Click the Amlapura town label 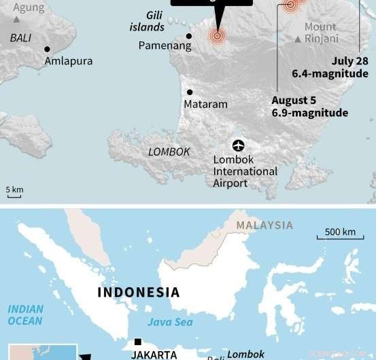pyautogui.click(x=68, y=61)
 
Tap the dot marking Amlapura pyautogui.click(x=47, y=49)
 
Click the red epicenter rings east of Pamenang pyautogui.click(x=217, y=36)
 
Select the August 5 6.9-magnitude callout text pyautogui.click(x=309, y=107)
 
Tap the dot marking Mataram pyautogui.click(x=190, y=92)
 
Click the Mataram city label pyautogui.click(x=205, y=105)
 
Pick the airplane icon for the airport pyautogui.click(x=238, y=145)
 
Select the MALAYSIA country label pyautogui.click(x=264, y=226)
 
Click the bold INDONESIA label pyautogui.click(x=139, y=293)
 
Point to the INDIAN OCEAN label pyautogui.click(x=25, y=314)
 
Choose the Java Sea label pyautogui.click(x=170, y=322)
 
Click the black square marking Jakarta pyautogui.click(x=138, y=342)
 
